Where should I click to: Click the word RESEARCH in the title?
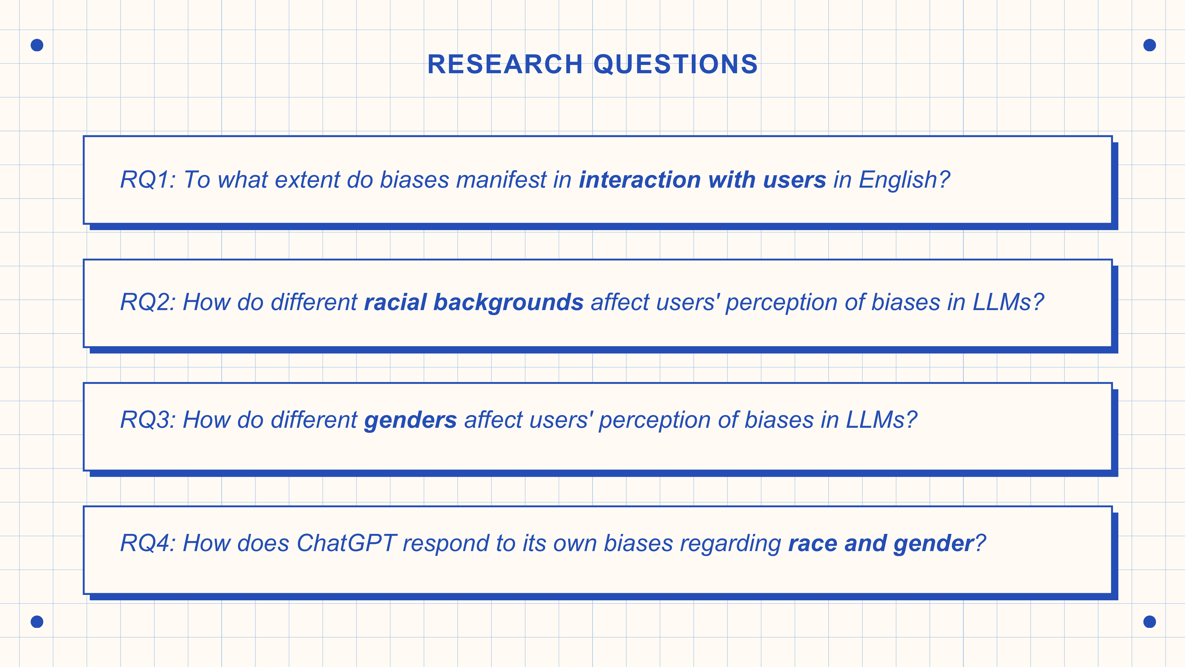(x=505, y=64)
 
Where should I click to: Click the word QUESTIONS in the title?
(x=676, y=64)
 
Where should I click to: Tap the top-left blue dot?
(x=37, y=45)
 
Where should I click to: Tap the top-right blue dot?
(x=1149, y=45)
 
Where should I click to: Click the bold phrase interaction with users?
(x=702, y=180)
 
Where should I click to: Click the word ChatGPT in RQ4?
(x=346, y=543)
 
